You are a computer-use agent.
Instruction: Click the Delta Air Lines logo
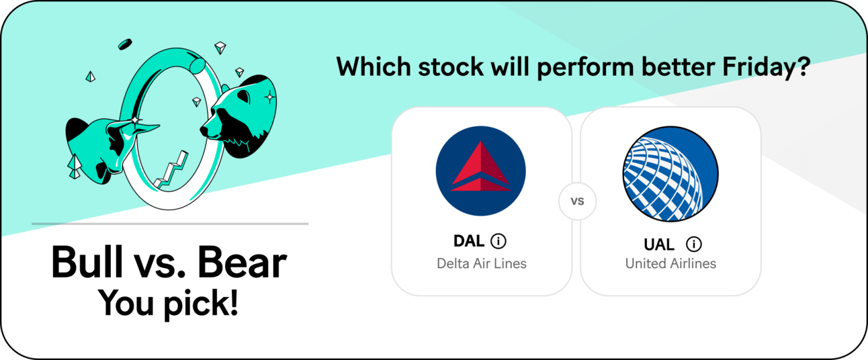coord(480,171)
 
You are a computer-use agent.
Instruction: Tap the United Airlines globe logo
coord(670,174)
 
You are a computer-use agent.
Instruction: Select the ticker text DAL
coord(469,241)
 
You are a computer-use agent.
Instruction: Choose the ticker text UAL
coord(659,244)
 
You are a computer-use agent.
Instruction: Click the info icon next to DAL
coord(498,241)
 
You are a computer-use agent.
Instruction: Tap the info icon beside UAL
coord(693,244)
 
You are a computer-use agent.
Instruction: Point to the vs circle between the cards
coord(577,201)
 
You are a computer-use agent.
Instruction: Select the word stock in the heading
coord(451,66)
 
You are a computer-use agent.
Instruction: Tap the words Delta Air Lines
coord(482,263)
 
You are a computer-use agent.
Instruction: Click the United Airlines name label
coord(670,263)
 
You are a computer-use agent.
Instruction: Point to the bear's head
coord(238,116)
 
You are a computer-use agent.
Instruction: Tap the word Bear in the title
coord(242,263)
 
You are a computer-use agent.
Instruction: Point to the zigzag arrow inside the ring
coord(171,171)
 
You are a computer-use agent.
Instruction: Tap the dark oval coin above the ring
coord(125,44)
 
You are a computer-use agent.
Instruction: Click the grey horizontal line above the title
coord(170,224)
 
